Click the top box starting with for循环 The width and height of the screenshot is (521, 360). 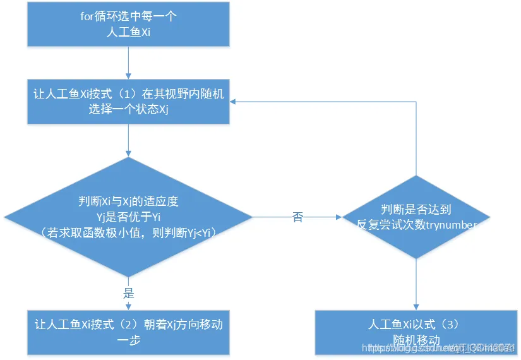click(x=128, y=25)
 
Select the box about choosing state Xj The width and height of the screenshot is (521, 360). click(x=128, y=101)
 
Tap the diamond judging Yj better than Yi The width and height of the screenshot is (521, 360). click(x=128, y=217)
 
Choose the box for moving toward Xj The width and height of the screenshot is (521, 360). click(x=128, y=332)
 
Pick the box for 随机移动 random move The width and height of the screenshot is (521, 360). click(x=416, y=332)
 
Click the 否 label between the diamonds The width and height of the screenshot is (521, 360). click(x=297, y=217)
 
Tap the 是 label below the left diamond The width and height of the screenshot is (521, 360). click(x=128, y=294)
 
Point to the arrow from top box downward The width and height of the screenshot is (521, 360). click(x=128, y=63)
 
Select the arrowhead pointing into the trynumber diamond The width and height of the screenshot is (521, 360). click(x=337, y=217)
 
